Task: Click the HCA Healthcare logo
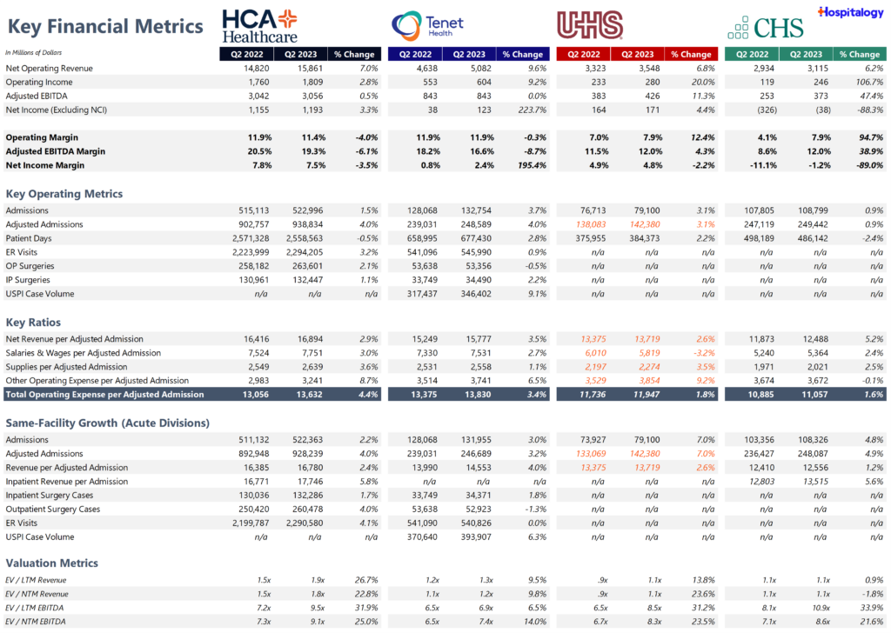[259, 26]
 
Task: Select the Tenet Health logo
[427, 25]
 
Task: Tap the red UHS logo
[589, 25]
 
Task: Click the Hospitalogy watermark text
[849, 11]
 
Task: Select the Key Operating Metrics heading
[64, 194]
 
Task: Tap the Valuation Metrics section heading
[52, 563]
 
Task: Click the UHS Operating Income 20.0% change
[697, 82]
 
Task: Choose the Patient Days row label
[30, 238]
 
